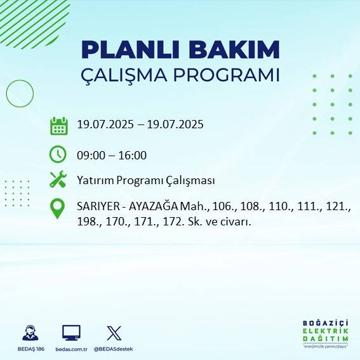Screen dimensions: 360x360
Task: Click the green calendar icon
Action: tap(58, 126)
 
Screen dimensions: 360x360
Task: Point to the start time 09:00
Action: tap(90, 156)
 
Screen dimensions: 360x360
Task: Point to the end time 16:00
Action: tap(132, 156)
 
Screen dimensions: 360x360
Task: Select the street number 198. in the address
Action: tap(88, 222)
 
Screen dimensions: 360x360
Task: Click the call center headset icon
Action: tap(30, 333)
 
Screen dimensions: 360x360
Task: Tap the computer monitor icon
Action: tap(71, 333)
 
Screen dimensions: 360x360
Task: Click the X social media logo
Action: tap(114, 333)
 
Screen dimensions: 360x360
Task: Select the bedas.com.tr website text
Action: tap(71, 349)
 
